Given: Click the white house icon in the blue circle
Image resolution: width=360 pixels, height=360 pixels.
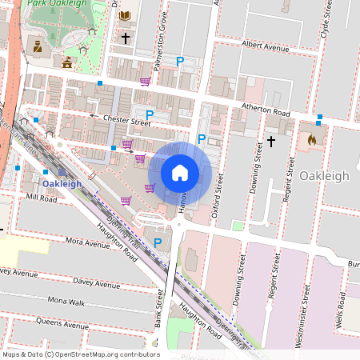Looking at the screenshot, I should click(x=180, y=172).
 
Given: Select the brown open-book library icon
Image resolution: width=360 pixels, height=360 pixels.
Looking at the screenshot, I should click(x=125, y=15).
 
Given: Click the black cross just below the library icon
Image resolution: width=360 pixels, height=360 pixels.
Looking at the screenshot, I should click(x=125, y=37).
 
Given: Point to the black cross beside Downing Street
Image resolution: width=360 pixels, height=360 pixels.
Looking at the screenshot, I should click(x=270, y=142).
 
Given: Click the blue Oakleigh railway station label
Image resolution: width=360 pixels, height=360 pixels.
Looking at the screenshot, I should click(x=62, y=183).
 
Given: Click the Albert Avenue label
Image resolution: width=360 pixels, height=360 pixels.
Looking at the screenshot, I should click(x=265, y=48).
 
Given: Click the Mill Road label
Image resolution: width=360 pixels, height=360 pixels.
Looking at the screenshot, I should click(x=41, y=196).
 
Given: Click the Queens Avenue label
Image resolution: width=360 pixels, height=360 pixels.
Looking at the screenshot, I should click(x=63, y=326).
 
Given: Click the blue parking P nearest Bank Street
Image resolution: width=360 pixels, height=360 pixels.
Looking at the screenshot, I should click(x=158, y=242).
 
